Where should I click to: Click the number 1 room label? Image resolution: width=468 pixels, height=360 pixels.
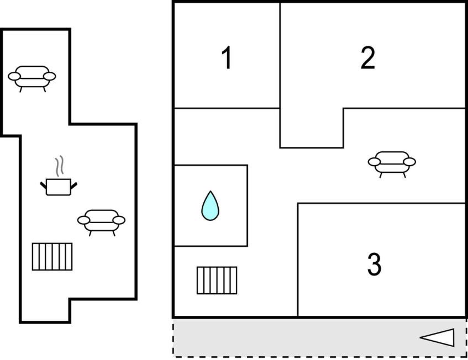pyautogui.click(x=227, y=57)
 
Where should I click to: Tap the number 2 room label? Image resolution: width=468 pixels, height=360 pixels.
pyautogui.click(x=368, y=57)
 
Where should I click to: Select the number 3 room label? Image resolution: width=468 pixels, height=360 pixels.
pyautogui.click(x=374, y=264)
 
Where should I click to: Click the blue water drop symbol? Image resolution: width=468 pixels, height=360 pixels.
pyautogui.click(x=210, y=206)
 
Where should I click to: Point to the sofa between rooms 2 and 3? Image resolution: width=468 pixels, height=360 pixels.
pyautogui.click(x=392, y=164)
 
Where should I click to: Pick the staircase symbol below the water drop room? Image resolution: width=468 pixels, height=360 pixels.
pyautogui.click(x=217, y=280)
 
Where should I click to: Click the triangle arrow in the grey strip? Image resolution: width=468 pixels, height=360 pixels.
pyautogui.click(x=437, y=337)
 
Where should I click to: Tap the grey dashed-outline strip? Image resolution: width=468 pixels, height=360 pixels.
pyautogui.click(x=319, y=337)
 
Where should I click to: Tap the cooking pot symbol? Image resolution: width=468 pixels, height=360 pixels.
pyautogui.click(x=59, y=187)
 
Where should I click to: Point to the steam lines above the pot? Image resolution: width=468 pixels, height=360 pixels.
pyautogui.click(x=59, y=166)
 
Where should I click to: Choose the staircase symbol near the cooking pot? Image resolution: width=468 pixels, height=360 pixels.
pyautogui.click(x=52, y=257)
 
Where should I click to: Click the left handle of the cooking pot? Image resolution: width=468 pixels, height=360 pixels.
pyautogui.click(x=43, y=185)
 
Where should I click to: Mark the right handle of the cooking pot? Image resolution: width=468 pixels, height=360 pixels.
pyautogui.click(x=73, y=186)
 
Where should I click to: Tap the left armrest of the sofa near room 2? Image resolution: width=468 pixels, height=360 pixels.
pyautogui.click(x=374, y=162)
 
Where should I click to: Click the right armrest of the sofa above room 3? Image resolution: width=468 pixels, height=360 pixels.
pyautogui.click(x=409, y=162)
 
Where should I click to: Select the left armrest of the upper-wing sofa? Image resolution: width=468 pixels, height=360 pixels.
pyautogui.click(x=14, y=76)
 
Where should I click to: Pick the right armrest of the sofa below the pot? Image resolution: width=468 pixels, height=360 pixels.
pyautogui.click(x=119, y=220)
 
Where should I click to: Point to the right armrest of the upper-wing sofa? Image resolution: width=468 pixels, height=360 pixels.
pyautogui.click(x=50, y=76)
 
